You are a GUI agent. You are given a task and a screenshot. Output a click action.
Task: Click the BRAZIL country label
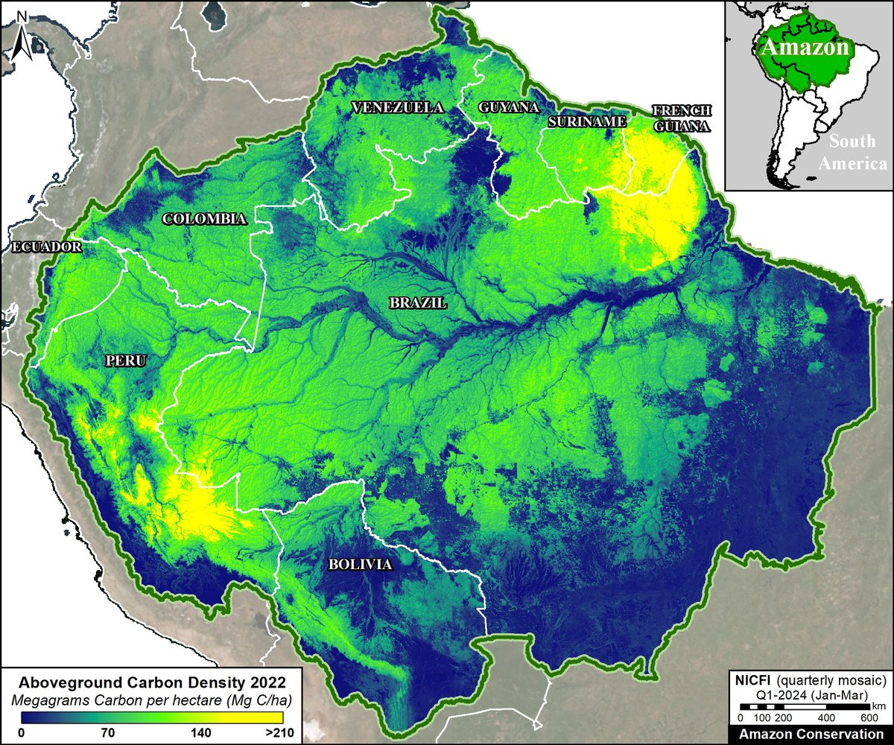pos(417,303)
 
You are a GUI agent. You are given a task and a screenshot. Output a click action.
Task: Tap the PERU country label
pos(126,361)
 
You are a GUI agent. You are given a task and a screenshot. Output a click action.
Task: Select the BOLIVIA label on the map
pos(360,565)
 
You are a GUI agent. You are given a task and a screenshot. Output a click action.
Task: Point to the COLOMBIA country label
pos(205,219)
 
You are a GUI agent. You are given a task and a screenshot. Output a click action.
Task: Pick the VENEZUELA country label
pos(398,107)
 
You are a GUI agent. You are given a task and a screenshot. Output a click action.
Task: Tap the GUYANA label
pos(510,107)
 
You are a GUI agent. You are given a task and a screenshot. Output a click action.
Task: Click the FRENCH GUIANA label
pos(681,118)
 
